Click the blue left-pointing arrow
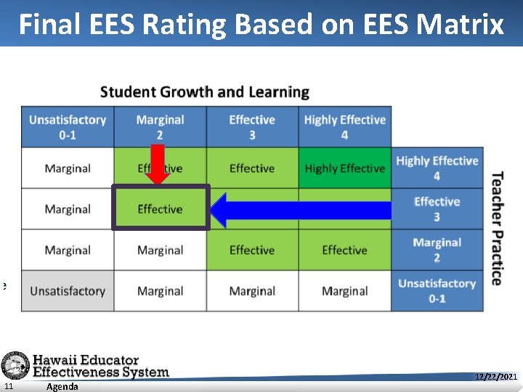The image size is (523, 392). tap(301, 210)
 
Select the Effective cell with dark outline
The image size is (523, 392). tap(161, 209)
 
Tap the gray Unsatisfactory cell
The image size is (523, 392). tap(68, 291)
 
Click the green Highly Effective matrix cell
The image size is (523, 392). tap(344, 168)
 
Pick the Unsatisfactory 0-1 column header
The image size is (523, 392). tap(68, 127)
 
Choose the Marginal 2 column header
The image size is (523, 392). tap(160, 127)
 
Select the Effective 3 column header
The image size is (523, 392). tap(252, 127)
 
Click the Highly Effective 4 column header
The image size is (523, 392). tap(344, 127)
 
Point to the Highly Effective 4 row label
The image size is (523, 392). tap(437, 168)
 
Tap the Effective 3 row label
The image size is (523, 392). tap(437, 209)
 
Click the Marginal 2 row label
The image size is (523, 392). tap(437, 250)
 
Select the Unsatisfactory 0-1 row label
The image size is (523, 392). tap(437, 290)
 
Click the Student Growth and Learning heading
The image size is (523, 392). tap(205, 92)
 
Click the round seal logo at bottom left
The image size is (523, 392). tap(15, 365)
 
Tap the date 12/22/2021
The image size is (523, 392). tap(495, 377)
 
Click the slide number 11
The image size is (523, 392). tap(7, 386)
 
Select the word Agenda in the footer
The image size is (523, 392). tap(62, 386)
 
